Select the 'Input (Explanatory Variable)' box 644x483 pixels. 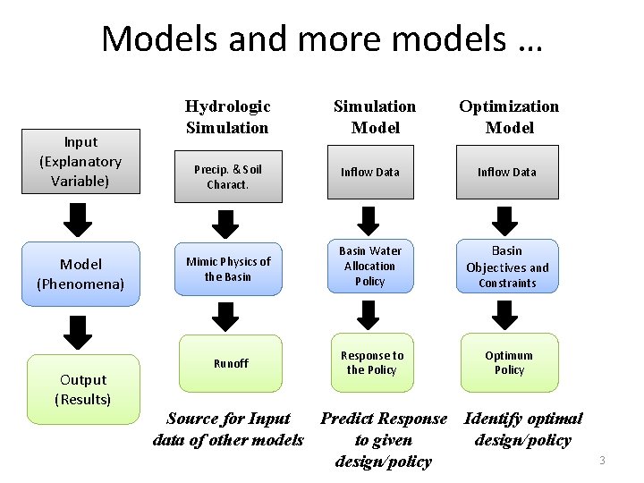click(x=80, y=162)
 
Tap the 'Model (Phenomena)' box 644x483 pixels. click(x=80, y=274)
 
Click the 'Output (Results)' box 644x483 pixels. click(x=80, y=389)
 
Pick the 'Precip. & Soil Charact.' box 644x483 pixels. click(x=229, y=177)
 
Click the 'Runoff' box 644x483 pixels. click(x=231, y=363)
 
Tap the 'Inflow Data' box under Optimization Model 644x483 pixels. click(x=506, y=172)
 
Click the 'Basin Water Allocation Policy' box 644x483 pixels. click(x=369, y=266)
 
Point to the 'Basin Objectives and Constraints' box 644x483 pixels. click(x=507, y=266)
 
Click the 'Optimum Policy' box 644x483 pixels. click(x=509, y=362)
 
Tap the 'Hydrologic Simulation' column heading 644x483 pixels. click(x=227, y=117)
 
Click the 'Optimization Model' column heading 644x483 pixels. click(x=509, y=117)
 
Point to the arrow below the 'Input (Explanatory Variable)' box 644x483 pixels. click(x=80, y=217)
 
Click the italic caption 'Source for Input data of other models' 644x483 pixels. click(x=228, y=429)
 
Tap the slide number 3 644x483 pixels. click(x=602, y=461)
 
